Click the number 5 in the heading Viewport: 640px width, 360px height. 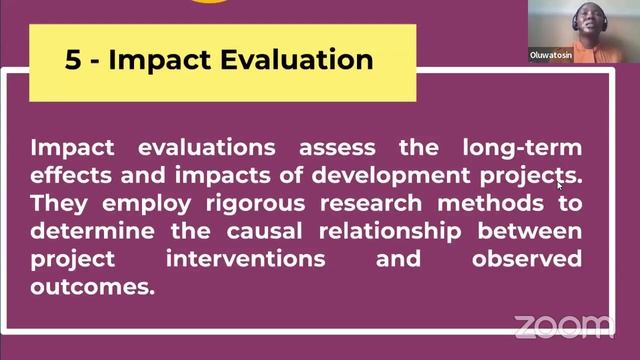tap(73, 59)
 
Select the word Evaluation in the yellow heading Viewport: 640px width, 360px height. tap(298, 59)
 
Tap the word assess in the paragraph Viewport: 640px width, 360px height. tap(335, 148)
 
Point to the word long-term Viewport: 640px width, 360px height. tap(522, 148)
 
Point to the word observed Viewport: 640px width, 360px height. tap(526, 259)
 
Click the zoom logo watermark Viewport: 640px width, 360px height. tap(563, 326)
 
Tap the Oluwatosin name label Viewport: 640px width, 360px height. tap(552, 57)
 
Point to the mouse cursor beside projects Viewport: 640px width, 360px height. tap(560, 183)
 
